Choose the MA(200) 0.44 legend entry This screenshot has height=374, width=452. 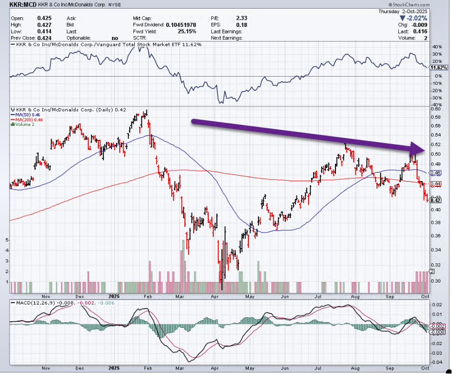pyautogui.click(x=27, y=120)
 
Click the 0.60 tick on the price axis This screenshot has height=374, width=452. pyautogui.click(x=434, y=109)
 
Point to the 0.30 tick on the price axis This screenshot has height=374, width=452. pyautogui.click(x=434, y=281)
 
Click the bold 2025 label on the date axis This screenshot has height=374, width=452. pyautogui.click(x=114, y=295)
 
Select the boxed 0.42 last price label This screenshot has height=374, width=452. pyautogui.click(x=434, y=200)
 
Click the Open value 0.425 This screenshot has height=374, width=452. pyautogui.click(x=44, y=17)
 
